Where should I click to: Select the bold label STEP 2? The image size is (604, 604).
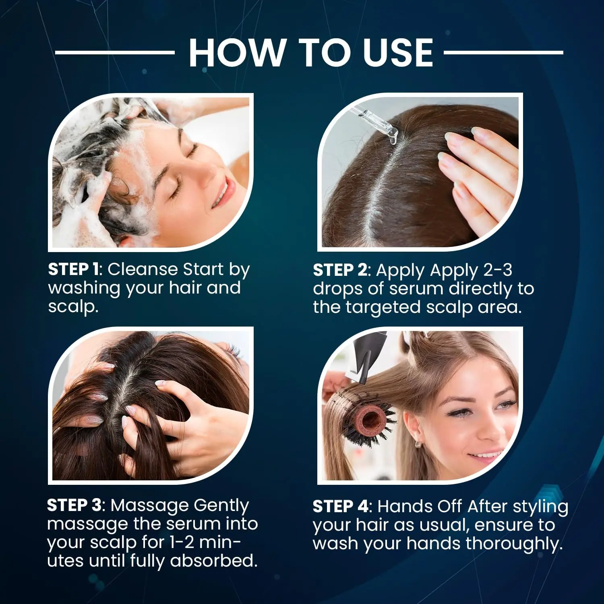339,270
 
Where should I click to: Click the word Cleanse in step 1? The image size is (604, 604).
143,269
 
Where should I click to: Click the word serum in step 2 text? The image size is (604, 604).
416,289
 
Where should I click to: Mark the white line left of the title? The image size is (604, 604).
115,53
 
